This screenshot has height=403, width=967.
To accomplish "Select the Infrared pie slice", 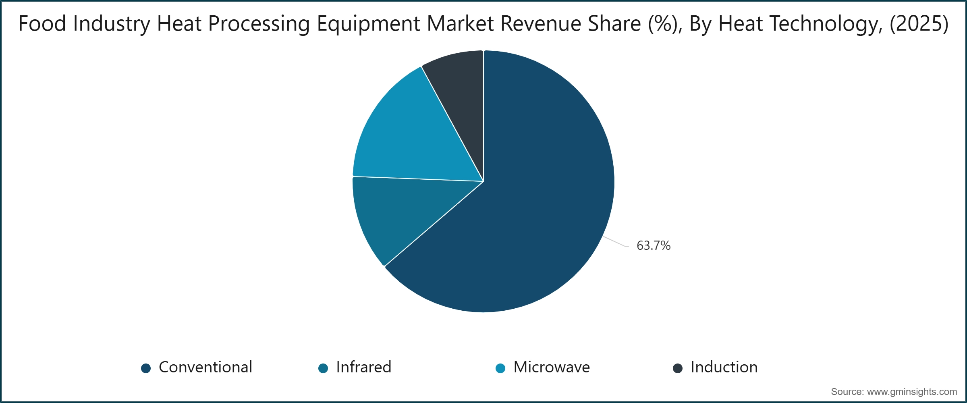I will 387,214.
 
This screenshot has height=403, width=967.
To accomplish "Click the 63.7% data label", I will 653,245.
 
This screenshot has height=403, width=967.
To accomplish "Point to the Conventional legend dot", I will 146,368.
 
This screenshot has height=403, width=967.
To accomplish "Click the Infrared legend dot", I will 323,368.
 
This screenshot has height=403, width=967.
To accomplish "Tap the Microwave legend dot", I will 500,368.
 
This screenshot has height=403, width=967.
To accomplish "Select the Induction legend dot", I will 678,368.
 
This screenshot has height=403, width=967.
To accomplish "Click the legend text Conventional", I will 205,367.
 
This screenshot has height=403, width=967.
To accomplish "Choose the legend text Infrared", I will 363,367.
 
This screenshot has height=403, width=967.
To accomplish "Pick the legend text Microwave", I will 551,367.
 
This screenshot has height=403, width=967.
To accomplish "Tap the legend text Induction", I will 724,367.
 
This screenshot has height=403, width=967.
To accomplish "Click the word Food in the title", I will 42,23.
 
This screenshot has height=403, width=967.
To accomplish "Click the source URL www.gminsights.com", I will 912,392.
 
